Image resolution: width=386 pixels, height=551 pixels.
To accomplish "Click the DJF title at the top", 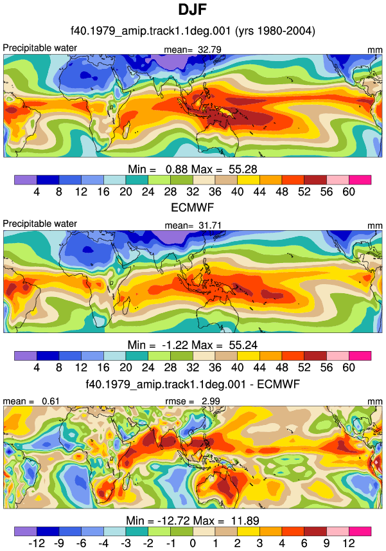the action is click(192, 10).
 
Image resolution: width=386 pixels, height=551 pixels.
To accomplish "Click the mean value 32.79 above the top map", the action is click(209, 50).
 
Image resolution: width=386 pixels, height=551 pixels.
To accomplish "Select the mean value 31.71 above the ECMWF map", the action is click(210, 225).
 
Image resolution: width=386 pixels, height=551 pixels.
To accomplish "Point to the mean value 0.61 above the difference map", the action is click(51, 401).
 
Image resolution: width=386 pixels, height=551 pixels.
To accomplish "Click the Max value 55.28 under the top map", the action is click(243, 169).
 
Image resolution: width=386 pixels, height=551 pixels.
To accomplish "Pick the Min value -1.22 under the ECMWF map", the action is click(175, 345).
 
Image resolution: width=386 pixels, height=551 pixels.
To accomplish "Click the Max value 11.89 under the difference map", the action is click(245, 520).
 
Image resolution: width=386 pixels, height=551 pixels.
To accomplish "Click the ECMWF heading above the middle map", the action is click(192, 208).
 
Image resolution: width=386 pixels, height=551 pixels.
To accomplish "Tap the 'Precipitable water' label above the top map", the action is click(40, 48).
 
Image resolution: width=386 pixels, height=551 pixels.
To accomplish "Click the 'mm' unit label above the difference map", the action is click(375, 401).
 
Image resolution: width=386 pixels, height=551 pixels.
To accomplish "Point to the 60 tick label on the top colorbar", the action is click(349, 192).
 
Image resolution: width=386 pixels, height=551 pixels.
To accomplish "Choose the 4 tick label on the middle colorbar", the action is click(37, 368).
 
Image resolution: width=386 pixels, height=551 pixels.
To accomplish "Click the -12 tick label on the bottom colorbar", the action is click(37, 543).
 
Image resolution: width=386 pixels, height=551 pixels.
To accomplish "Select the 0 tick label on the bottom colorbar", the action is click(193, 543).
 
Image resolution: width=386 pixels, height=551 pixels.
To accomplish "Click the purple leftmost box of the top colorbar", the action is click(26, 180).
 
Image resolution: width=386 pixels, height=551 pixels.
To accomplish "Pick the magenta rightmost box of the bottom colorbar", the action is click(360, 531).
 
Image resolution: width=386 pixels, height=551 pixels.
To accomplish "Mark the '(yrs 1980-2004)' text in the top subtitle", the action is click(275, 31).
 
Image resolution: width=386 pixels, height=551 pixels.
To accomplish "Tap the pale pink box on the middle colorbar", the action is click(338, 356).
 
